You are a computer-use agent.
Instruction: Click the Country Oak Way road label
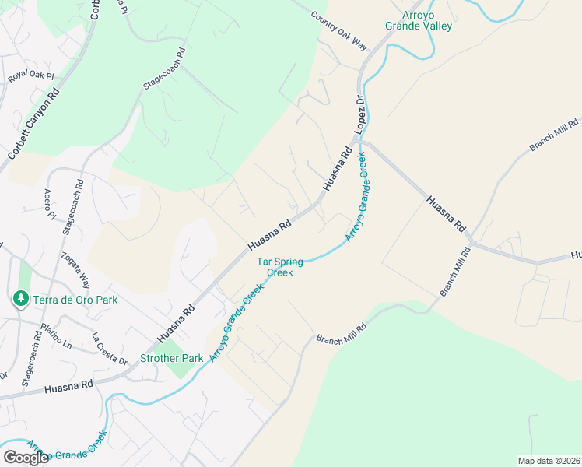click(x=338, y=31)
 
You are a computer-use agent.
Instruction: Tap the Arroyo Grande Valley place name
click(x=418, y=20)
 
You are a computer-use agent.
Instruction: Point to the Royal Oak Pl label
click(x=30, y=75)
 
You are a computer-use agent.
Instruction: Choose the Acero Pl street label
click(x=50, y=204)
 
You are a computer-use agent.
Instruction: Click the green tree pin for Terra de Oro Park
click(x=21, y=298)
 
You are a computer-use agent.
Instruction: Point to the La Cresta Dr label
click(x=109, y=348)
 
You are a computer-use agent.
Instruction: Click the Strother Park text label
click(x=171, y=358)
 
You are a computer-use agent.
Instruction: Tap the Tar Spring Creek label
click(x=280, y=267)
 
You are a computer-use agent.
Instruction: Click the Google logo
click(x=26, y=458)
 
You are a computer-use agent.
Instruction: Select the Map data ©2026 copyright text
click(x=549, y=461)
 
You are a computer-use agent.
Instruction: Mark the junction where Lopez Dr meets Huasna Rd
click(x=360, y=142)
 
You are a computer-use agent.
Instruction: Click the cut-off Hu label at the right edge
click(x=576, y=255)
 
